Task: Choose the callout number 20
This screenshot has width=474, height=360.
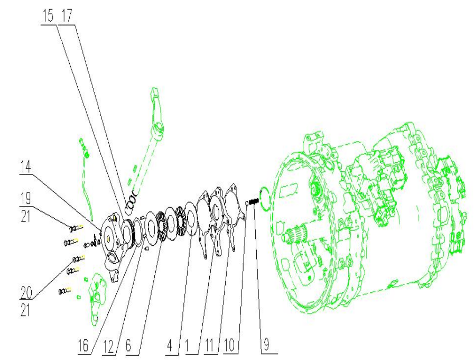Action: pyautogui.click(x=26, y=291)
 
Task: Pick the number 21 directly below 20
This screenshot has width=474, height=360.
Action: pyautogui.click(x=26, y=309)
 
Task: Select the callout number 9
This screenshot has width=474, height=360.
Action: pyautogui.click(x=268, y=345)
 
